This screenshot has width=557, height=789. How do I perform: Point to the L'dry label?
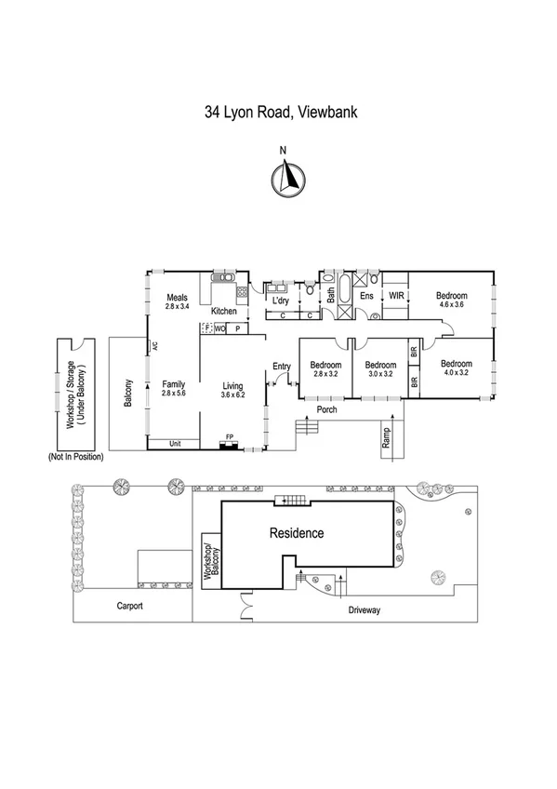tap(279, 301)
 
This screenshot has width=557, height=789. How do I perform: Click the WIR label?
tap(396, 295)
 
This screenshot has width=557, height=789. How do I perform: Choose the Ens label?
tap(366, 295)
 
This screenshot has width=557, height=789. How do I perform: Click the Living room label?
tap(232, 390)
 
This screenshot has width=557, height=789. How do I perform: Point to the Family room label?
tap(174, 390)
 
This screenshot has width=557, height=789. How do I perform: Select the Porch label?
tap(325, 409)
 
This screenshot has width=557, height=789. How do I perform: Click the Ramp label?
tap(383, 437)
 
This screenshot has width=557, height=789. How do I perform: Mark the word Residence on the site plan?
tap(297, 533)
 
